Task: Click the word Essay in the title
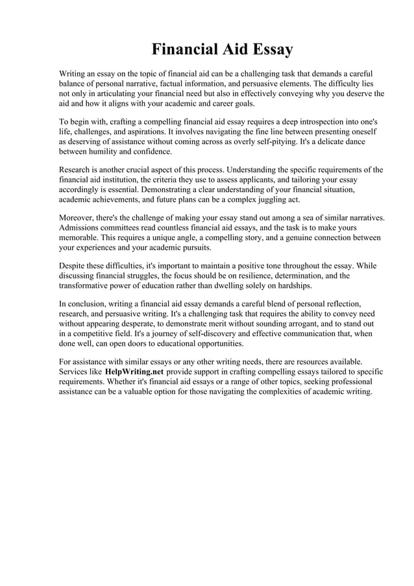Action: (267, 50)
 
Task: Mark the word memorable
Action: (82, 238)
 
